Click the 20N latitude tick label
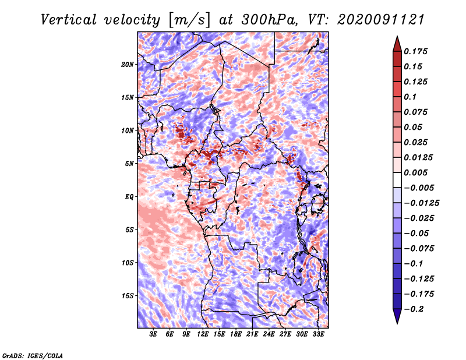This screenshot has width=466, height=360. [128, 64]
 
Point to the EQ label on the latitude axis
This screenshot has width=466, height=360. [129, 196]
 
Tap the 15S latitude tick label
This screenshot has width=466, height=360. [128, 295]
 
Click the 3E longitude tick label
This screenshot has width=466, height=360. [154, 334]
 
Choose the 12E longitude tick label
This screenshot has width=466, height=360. [203, 334]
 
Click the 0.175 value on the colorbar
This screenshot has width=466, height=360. [417, 51]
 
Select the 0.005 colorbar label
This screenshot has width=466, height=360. [417, 172]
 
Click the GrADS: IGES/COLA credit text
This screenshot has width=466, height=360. [32, 355]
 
